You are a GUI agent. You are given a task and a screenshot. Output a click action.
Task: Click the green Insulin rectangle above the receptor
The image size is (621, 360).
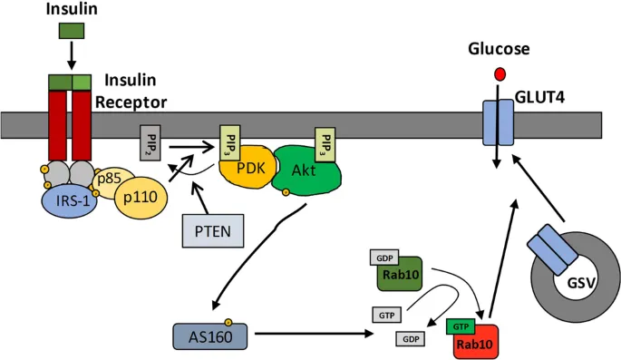(x=72, y=31)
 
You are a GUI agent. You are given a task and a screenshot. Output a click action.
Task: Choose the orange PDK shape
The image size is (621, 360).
(x=244, y=170)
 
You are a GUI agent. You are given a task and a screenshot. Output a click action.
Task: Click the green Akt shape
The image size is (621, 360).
(x=305, y=170)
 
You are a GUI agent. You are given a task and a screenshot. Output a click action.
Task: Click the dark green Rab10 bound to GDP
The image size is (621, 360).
(x=399, y=278)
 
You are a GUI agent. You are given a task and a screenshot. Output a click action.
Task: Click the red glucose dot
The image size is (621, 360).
(x=498, y=73)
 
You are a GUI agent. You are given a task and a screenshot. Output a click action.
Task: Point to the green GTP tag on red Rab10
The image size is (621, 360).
(x=461, y=324)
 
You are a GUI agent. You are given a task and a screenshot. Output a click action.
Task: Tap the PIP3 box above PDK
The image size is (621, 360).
(x=229, y=142)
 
